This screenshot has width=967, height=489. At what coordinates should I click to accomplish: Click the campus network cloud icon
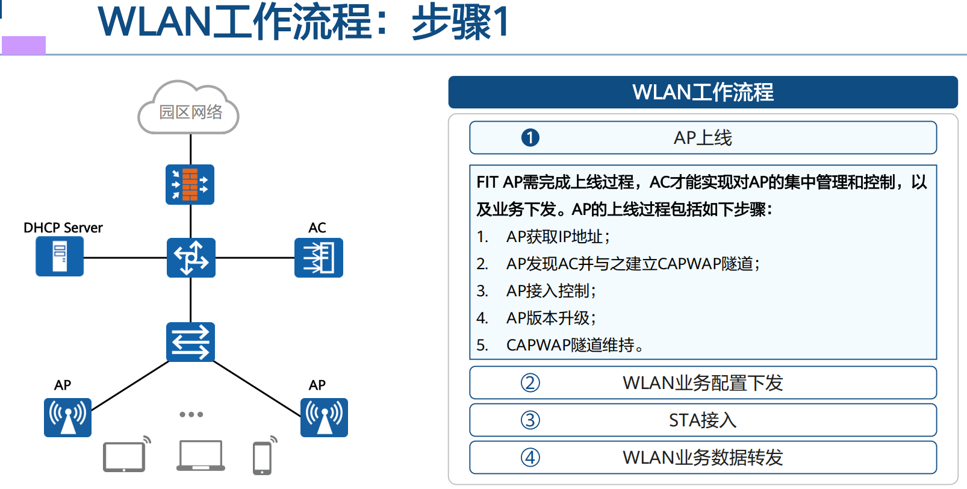pyautogui.click(x=189, y=108)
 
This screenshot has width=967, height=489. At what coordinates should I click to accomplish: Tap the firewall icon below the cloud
pyautogui.click(x=190, y=184)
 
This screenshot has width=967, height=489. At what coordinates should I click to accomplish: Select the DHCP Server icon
pyautogui.click(x=60, y=257)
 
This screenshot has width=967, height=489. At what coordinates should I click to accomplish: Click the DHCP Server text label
pyautogui.click(x=63, y=228)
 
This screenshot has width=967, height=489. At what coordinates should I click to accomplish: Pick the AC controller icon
pyautogui.click(x=319, y=258)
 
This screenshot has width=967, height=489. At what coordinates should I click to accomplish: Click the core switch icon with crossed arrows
pyautogui.click(x=191, y=258)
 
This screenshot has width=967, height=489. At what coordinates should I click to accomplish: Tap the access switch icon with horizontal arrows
pyautogui.click(x=190, y=342)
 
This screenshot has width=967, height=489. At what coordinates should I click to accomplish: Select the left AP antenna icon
pyautogui.click(x=67, y=417)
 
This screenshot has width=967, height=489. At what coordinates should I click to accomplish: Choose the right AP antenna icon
pyautogui.click(x=324, y=417)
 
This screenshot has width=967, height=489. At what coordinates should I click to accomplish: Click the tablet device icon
pyautogui.click(x=125, y=456)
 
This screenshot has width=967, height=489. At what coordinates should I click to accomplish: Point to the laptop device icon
pyautogui.click(x=201, y=456)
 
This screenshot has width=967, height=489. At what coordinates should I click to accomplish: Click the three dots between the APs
pyautogui.click(x=191, y=414)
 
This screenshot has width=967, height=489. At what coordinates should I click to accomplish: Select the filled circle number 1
pyautogui.click(x=530, y=138)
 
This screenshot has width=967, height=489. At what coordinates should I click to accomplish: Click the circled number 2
pyautogui.click(x=530, y=383)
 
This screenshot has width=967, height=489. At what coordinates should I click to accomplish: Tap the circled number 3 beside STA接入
pyautogui.click(x=530, y=420)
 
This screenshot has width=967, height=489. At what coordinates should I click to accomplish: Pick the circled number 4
pyautogui.click(x=530, y=458)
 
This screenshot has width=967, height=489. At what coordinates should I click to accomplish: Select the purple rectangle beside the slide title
pyautogui.click(x=23, y=45)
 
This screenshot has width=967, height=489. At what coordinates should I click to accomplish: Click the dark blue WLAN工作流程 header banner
pyautogui.click(x=703, y=92)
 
